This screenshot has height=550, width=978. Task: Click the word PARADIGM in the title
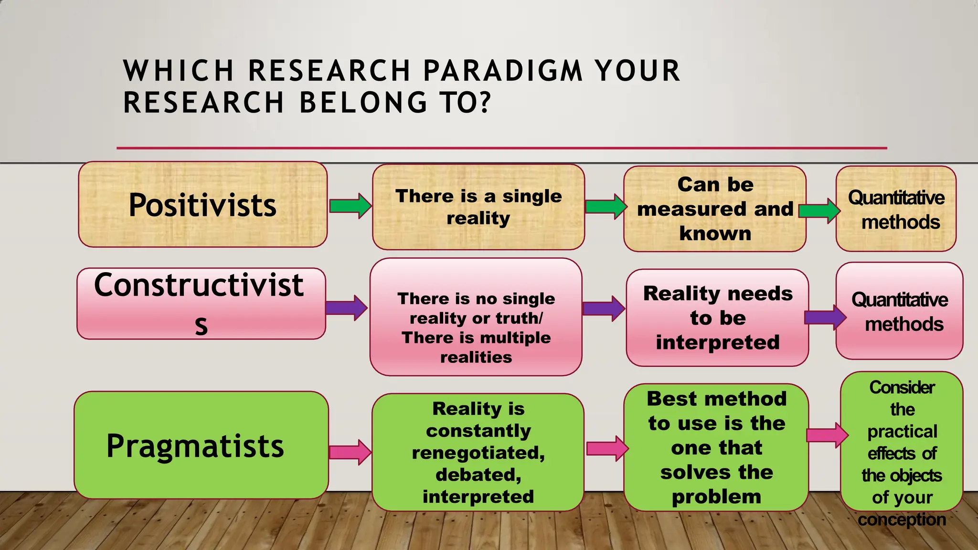pyautogui.click(x=503, y=71)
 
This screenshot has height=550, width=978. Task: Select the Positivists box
pyautogui.click(x=203, y=204)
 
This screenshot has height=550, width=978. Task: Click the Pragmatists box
pyautogui.click(x=201, y=445)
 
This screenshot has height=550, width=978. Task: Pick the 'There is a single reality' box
pyautogui.click(x=478, y=207)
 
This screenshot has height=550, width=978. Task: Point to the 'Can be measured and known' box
pyautogui.click(x=714, y=209)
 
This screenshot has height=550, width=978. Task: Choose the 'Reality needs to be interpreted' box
pyautogui.click(x=717, y=317)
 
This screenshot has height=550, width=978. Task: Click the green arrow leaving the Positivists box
pyautogui.click(x=351, y=206)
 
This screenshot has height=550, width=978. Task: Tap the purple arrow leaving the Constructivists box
pyautogui.click(x=347, y=308)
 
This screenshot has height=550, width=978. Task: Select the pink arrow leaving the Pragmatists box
pyautogui.click(x=351, y=452)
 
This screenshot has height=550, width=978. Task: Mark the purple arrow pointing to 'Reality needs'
pyautogui.click(x=604, y=308)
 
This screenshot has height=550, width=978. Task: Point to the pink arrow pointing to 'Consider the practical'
pyautogui.click(x=827, y=435)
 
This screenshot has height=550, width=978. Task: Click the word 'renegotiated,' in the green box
pyautogui.click(x=478, y=453)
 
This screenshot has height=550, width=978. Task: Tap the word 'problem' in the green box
pyautogui.click(x=716, y=497)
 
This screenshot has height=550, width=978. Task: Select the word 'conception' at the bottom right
pyautogui.click(x=902, y=519)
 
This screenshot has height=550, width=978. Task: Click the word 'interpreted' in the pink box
pyautogui.click(x=717, y=342)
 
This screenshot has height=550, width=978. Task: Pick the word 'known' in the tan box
pyautogui.click(x=715, y=233)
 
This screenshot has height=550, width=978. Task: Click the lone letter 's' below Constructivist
pyautogui.click(x=202, y=326)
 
